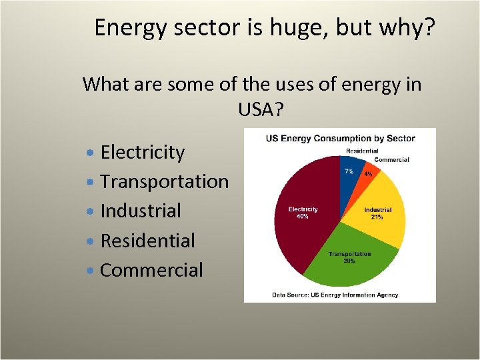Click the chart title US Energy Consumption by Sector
click(x=340, y=139)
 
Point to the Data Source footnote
click(x=335, y=294)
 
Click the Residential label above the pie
click(x=362, y=151)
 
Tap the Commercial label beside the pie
click(x=391, y=159)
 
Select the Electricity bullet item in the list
click(x=142, y=152)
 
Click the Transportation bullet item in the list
click(x=164, y=181)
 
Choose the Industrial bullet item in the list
click(x=141, y=211)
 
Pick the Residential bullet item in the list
click(x=147, y=241)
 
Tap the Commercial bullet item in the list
click(x=151, y=270)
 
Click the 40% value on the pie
click(x=303, y=217)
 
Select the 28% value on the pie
click(x=349, y=261)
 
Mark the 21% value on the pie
click(x=377, y=217)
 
